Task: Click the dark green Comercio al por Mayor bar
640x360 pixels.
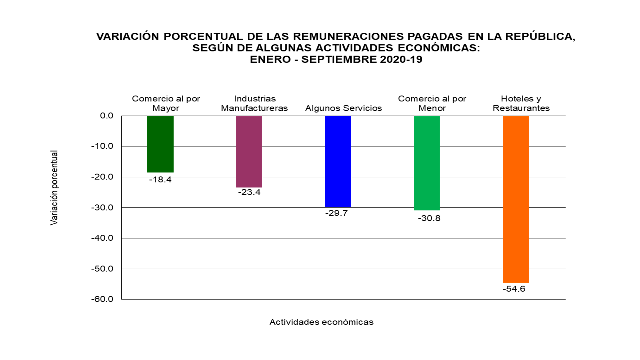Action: [x=160, y=144]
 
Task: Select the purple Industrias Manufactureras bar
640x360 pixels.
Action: [x=249, y=151]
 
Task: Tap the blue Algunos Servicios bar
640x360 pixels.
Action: [x=338, y=161]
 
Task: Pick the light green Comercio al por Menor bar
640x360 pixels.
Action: [x=427, y=163]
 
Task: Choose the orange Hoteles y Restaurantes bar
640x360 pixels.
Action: [x=515, y=199]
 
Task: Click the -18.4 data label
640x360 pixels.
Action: [x=160, y=180]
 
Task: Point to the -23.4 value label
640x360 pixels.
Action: [x=249, y=192]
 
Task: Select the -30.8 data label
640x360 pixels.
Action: [x=427, y=218]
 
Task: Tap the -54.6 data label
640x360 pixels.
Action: [x=515, y=289]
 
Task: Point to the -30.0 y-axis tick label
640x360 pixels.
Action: [x=103, y=207]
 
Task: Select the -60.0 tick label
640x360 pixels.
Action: [x=103, y=299]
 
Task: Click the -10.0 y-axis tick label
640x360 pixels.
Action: [x=103, y=146]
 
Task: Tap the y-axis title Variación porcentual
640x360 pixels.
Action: [x=54, y=187]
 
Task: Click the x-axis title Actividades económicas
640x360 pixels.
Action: [x=321, y=322]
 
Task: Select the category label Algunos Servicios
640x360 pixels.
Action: [x=343, y=108]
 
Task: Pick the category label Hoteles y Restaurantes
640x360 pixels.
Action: [x=521, y=103]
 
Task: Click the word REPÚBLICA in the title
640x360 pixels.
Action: [x=539, y=37]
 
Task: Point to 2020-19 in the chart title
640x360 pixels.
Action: [x=394, y=59]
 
